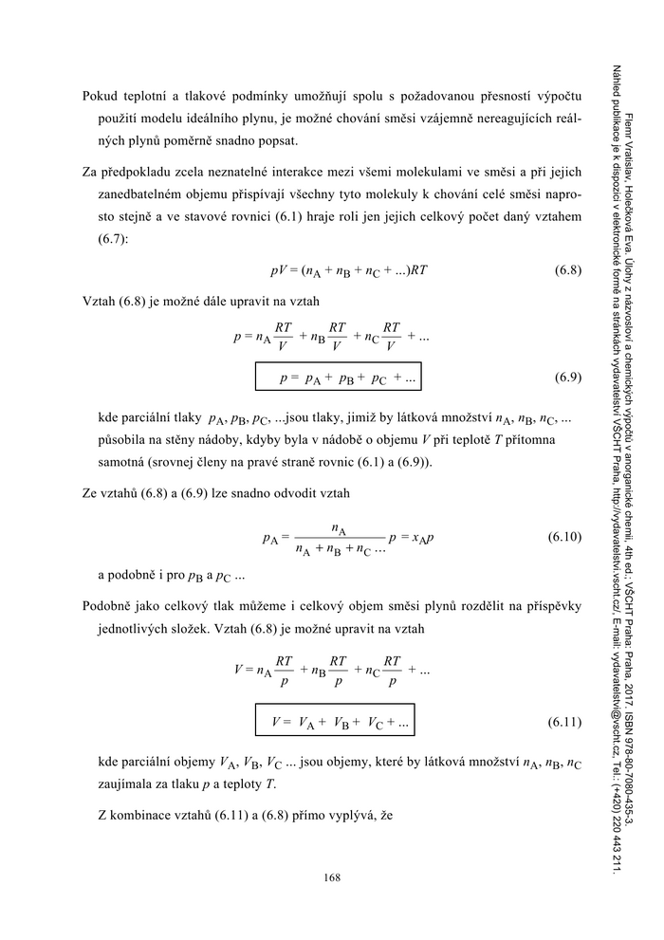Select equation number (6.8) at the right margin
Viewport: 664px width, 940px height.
(x=566, y=270)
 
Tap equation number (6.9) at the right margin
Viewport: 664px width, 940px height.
(x=566, y=378)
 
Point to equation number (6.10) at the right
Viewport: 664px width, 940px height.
(x=564, y=538)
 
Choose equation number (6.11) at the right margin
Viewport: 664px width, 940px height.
(x=564, y=722)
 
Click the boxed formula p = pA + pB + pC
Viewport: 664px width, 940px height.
(x=337, y=378)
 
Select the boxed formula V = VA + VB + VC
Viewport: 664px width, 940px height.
(x=337, y=722)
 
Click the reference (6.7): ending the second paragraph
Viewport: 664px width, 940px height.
(x=115, y=240)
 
